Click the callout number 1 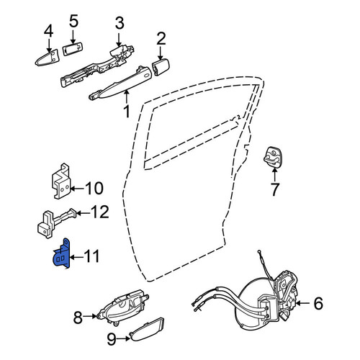pos(127,112)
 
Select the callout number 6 pos(318,303)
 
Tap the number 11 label pos(92,256)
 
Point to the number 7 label pos(274,189)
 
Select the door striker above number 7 pos(272,156)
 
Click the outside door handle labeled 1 pos(120,83)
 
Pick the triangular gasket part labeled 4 pos(48,58)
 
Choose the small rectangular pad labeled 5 pos(72,50)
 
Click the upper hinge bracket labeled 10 pos(61,182)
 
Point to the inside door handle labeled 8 pos(122,307)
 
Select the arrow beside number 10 pos(77,188)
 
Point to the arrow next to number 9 pos(124,338)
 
